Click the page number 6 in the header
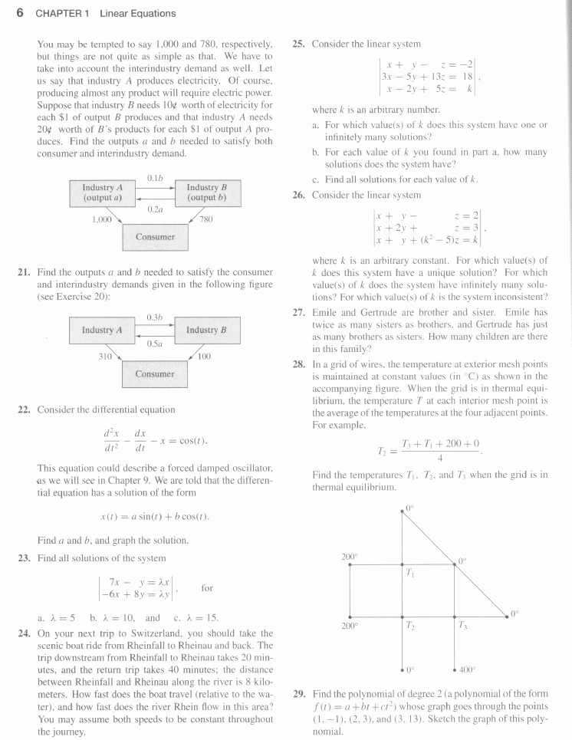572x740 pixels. click(20, 13)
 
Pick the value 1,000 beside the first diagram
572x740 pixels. click(101, 219)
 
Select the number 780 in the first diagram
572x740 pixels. click(205, 219)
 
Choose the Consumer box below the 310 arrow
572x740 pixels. click(155, 373)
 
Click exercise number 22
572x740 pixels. click(24, 409)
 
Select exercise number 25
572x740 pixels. click(300, 44)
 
